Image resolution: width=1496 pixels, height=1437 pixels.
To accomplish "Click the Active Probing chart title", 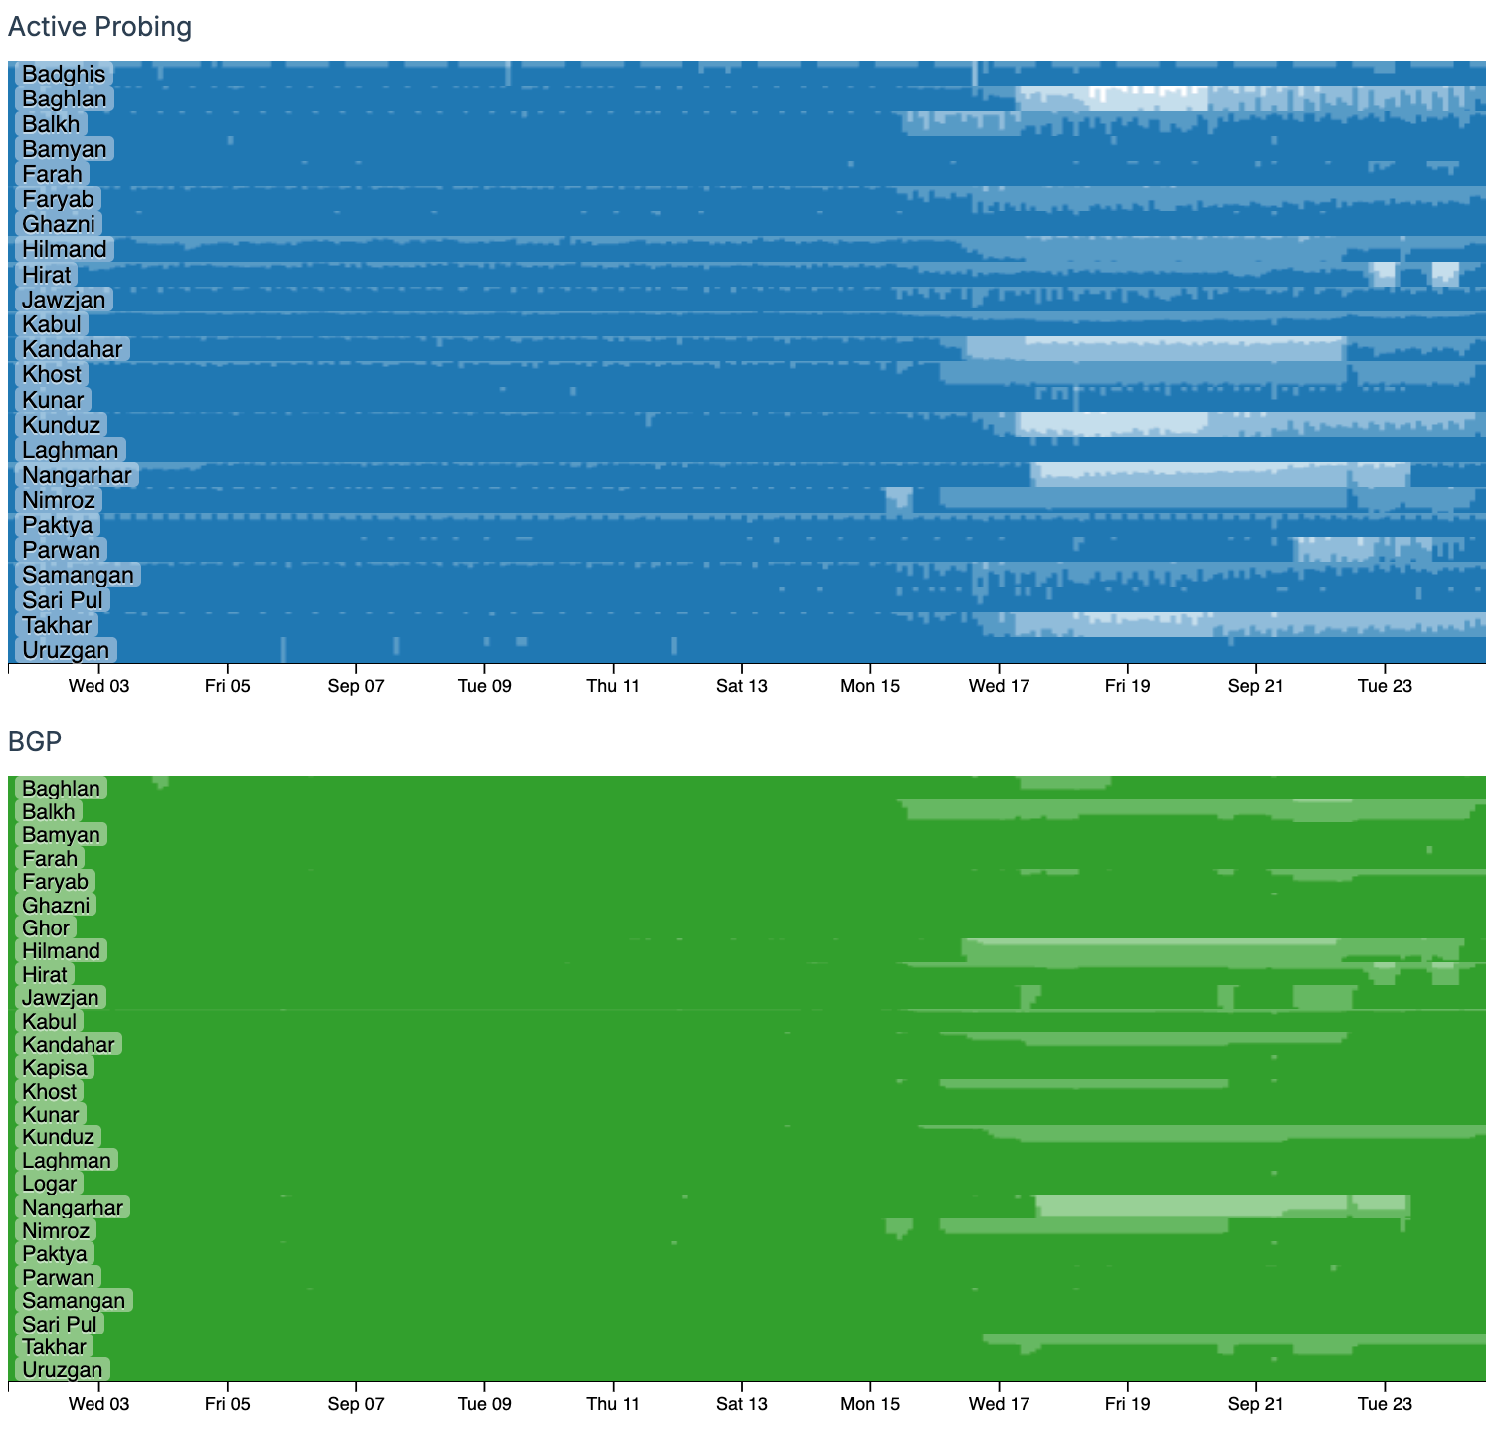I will [x=99, y=27].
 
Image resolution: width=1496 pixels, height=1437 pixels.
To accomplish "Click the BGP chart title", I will [x=35, y=741].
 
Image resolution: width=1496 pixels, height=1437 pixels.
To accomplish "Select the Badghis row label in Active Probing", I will [x=64, y=74].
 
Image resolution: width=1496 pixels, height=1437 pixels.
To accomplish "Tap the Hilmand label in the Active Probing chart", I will [x=64, y=249].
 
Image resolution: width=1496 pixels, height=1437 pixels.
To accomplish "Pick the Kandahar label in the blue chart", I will [x=72, y=349].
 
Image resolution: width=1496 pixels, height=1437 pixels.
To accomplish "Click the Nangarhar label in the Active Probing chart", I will [x=77, y=475].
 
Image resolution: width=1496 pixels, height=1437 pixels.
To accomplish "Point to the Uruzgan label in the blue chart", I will [x=66, y=651].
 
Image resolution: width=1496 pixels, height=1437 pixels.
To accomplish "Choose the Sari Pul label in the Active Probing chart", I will [x=63, y=600].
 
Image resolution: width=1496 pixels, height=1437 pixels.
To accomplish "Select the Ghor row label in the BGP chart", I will [x=46, y=928].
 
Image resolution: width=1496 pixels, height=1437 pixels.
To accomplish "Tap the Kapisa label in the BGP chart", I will [x=55, y=1068].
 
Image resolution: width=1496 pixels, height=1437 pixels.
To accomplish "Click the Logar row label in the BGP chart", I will [x=49, y=1184].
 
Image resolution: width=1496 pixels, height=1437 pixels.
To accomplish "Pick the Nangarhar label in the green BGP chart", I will [x=73, y=1208].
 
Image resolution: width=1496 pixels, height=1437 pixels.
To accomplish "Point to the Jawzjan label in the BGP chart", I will [x=61, y=998].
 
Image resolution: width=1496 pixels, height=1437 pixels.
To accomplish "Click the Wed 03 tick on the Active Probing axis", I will [x=98, y=685].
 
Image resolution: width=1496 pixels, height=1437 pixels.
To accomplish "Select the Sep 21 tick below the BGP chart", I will [x=1255, y=1404].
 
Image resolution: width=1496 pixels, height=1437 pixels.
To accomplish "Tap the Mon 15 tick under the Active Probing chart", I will [x=870, y=685].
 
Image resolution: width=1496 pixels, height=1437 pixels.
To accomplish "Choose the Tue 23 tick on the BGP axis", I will [x=1385, y=1404].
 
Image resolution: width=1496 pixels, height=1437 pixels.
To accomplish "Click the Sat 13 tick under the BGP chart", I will [x=742, y=1404].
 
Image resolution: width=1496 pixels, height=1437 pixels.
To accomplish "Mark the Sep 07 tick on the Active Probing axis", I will [x=356, y=685].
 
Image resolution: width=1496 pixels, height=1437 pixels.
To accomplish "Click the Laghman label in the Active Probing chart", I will [x=70, y=450].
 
